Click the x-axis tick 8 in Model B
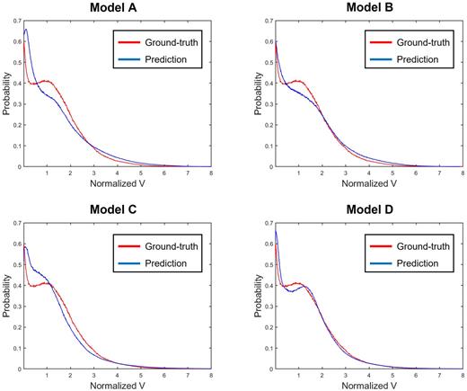tap(463, 173)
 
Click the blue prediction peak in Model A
tap(26, 30)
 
